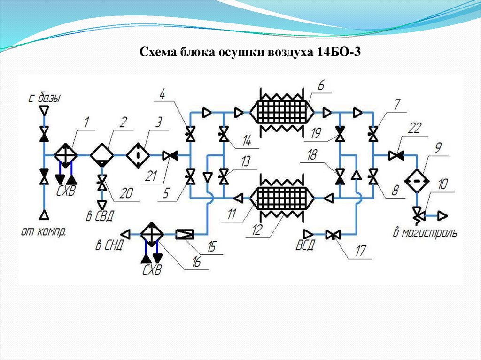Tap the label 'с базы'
click(44, 98)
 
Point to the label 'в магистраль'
click(425, 232)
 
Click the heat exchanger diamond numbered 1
click(66, 154)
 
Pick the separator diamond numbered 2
click(101, 154)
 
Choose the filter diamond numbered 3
click(137, 154)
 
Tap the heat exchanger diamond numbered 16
click(151, 233)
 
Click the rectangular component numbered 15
click(184, 233)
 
